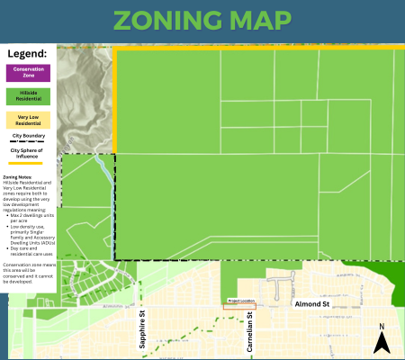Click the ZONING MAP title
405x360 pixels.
tap(202, 22)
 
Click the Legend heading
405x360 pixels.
tap(27, 54)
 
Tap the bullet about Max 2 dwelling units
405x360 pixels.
tap(31, 217)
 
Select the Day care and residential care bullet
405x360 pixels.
tap(31, 249)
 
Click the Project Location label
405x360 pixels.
tap(240, 301)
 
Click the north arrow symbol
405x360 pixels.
tap(382, 342)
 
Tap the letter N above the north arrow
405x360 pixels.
tap(382, 327)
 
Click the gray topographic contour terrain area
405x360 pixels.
tap(85, 99)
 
